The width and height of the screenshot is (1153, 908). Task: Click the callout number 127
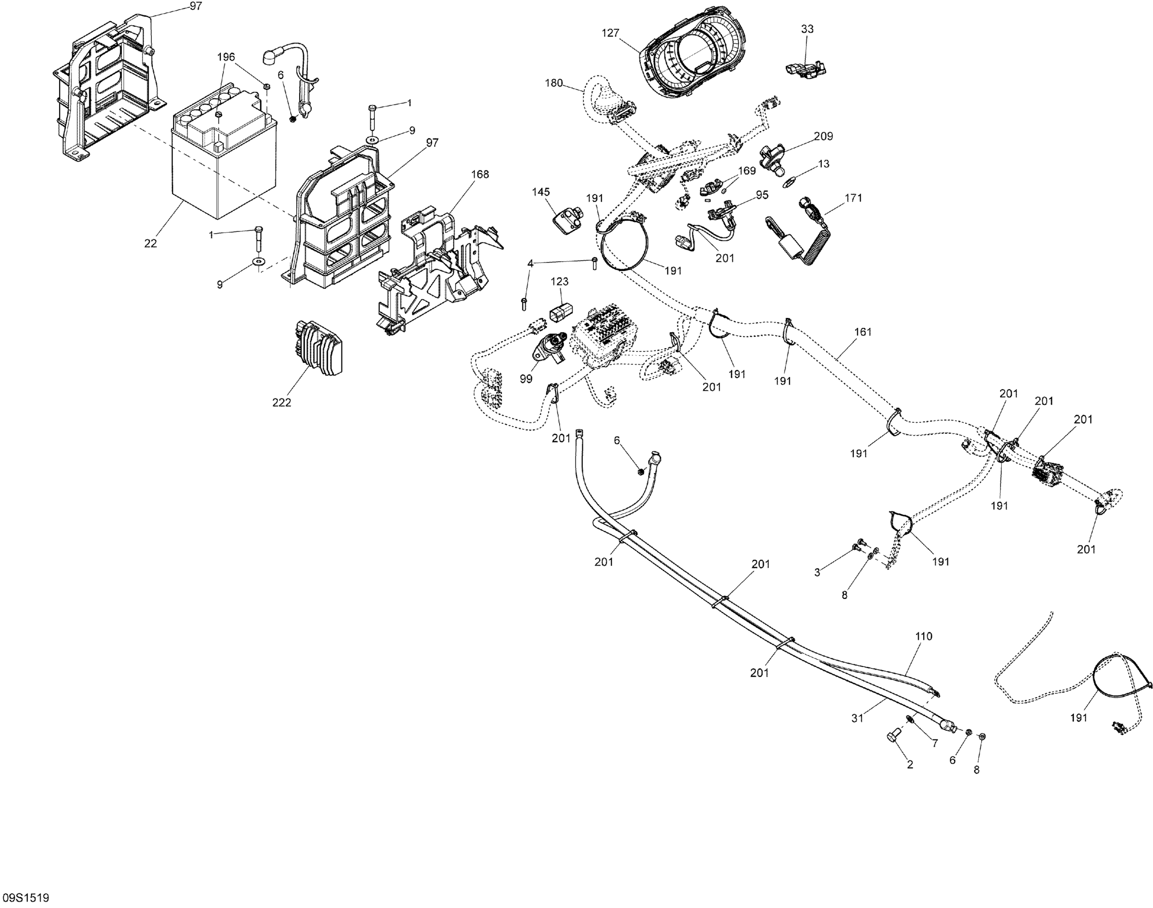610,33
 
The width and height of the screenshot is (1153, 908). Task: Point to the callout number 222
281,402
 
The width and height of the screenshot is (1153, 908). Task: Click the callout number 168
480,174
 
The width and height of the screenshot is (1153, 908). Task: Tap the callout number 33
807,29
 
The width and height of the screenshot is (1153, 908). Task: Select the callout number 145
541,191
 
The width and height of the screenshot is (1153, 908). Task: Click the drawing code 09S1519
25,898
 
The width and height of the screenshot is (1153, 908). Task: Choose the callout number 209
823,136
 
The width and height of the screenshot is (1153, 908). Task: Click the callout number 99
526,378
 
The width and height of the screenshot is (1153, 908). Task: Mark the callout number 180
554,83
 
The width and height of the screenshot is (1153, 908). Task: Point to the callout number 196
226,57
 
